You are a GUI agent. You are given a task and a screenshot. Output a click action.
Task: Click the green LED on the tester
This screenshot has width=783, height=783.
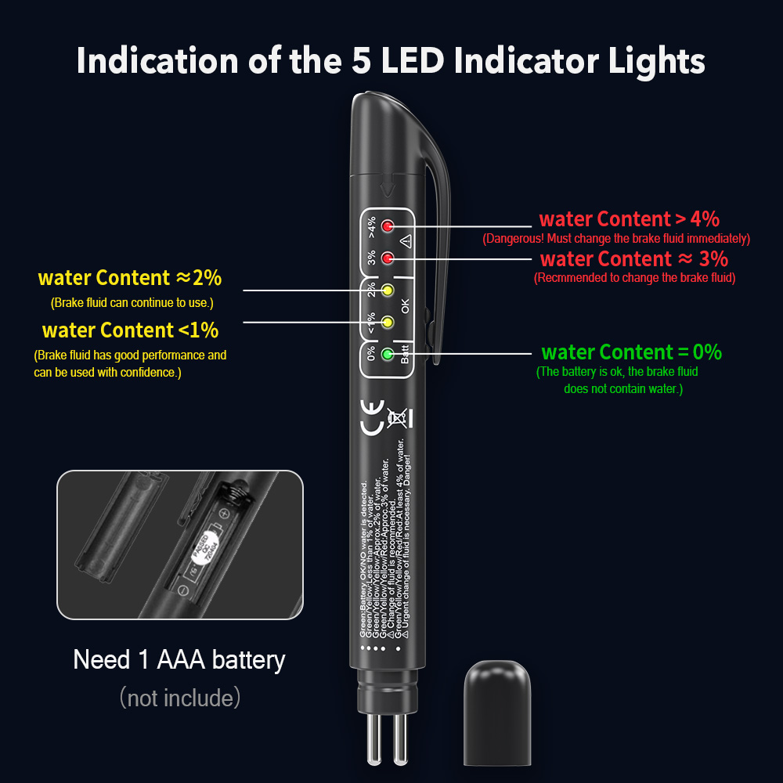[387, 354]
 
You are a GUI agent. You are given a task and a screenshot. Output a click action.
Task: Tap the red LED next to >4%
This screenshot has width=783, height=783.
[387, 227]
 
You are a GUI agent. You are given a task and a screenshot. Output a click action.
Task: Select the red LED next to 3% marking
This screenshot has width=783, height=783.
[387, 258]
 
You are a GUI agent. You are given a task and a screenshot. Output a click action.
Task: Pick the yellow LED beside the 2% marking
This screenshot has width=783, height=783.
[387, 291]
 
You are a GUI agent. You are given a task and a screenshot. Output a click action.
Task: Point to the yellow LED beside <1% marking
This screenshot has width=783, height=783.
[387, 321]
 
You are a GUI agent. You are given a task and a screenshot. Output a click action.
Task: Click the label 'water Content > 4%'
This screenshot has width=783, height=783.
[630, 219]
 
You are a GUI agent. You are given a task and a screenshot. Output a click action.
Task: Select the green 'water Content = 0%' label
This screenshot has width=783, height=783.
[631, 352]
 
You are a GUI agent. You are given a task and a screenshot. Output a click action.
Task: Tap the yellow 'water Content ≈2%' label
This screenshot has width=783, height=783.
[130, 277]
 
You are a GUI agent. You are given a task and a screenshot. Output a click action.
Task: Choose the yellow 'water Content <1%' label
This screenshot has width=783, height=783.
[130, 330]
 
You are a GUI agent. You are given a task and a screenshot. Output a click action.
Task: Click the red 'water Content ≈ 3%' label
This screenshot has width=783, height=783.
[634, 258]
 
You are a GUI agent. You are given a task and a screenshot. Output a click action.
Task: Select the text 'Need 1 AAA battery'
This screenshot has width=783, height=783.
[179, 659]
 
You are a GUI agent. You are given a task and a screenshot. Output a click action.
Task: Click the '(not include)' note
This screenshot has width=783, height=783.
[179, 697]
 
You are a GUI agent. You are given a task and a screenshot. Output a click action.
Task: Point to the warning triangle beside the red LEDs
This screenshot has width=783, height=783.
[406, 241]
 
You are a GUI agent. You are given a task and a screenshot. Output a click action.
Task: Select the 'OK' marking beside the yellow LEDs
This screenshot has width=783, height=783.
[406, 305]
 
